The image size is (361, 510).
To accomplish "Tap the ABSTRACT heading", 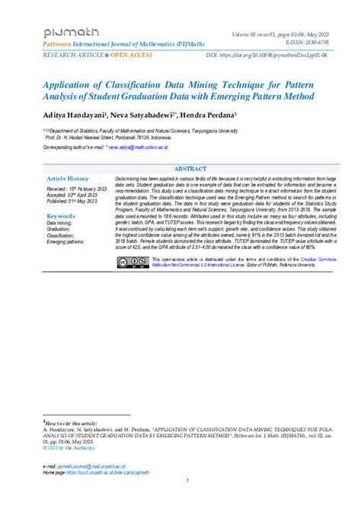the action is (190, 167).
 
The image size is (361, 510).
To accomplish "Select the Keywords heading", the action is (61, 216).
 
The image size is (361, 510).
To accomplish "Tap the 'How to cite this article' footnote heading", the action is (72, 420).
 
